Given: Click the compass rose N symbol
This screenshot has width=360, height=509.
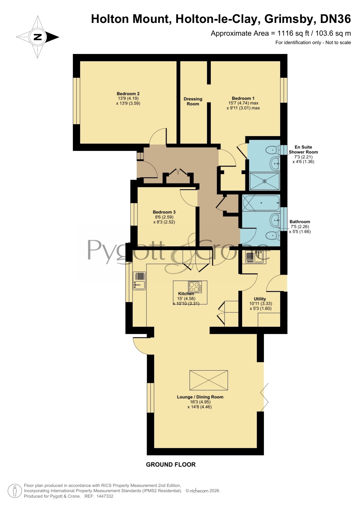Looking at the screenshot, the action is pyautogui.click(x=37, y=37).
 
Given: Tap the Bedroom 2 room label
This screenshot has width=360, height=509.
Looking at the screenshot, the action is pyautogui.click(x=128, y=94).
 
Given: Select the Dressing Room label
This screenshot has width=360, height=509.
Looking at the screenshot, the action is pyautogui.click(x=193, y=101).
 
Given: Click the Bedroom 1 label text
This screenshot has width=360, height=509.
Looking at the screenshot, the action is pyautogui.click(x=243, y=98).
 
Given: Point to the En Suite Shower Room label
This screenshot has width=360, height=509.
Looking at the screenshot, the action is pyautogui.click(x=303, y=149).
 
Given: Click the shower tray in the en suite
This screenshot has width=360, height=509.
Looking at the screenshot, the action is pyautogui.click(x=265, y=181).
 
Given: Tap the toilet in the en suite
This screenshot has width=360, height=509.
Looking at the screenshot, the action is pyautogui.click(x=273, y=150).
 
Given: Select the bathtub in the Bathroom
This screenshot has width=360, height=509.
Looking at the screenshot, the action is pyautogui.click(x=261, y=203).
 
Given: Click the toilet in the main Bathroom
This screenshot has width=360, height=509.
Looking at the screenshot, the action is pyautogui.click(x=273, y=236).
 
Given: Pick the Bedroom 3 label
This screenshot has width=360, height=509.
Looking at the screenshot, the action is pyautogui.click(x=164, y=212).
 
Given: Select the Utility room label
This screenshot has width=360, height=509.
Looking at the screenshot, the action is pyautogui.click(x=260, y=299).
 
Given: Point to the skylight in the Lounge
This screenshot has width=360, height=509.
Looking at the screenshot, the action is pyautogui.click(x=209, y=380).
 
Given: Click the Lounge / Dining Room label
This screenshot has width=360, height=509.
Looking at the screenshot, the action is pyautogui.click(x=200, y=397).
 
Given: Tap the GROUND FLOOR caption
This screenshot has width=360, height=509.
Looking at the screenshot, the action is pyautogui.click(x=171, y=465).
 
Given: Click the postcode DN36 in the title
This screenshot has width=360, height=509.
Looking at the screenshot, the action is pyautogui.click(x=335, y=19).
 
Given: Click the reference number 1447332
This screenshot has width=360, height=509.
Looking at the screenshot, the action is pyautogui.click(x=105, y=496).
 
